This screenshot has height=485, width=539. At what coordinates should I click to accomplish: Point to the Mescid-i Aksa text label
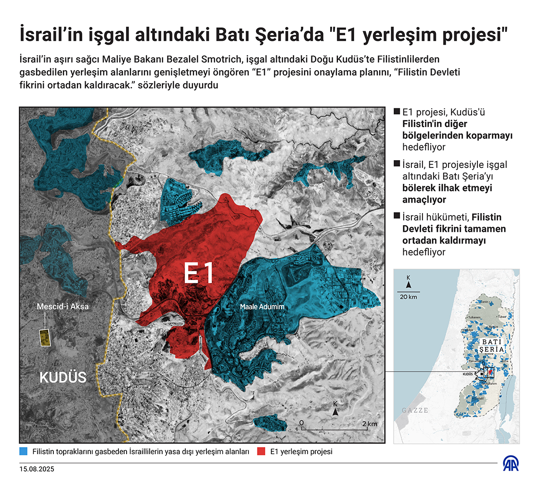pos(63,306)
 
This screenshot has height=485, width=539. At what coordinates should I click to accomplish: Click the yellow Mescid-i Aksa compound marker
pos(45,338)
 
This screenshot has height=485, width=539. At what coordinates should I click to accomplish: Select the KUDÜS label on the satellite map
pos(63,377)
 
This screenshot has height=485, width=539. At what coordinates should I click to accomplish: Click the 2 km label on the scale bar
pos(370,423)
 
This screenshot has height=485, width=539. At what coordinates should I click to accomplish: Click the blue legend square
pos(24,452)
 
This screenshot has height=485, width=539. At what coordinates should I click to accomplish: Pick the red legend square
pos(261,452)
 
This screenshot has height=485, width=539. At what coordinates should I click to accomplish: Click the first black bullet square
pos(397,112)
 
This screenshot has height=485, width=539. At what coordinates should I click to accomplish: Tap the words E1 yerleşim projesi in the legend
pos(301,452)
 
